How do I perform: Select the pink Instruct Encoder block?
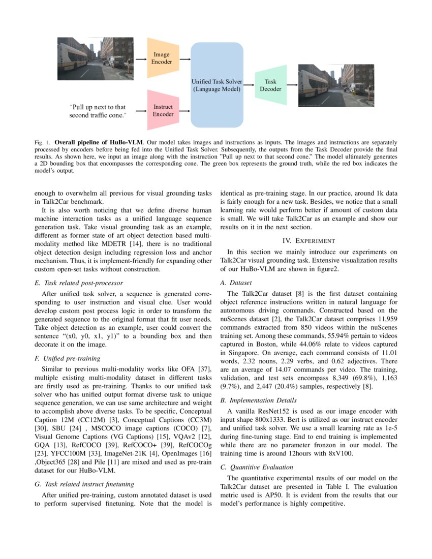[x=163, y=110]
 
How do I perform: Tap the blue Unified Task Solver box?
[x=217, y=85]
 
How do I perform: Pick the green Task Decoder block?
[x=270, y=85]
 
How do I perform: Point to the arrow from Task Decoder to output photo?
[x=292, y=85]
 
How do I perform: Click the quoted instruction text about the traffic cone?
[x=98, y=111]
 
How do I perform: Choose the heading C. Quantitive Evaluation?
[x=257, y=467]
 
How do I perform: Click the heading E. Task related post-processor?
[x=78, y=283]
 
